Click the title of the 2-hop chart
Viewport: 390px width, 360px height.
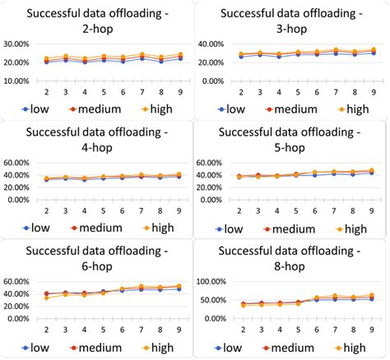pos(97,21)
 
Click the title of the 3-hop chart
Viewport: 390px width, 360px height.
pos(292,21)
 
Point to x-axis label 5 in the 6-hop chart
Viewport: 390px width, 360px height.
pos(103,330)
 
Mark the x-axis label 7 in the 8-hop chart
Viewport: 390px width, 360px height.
pos(334,330)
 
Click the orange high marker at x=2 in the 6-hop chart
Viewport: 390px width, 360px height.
pos(46,297)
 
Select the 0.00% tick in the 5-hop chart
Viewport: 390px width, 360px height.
pos(216,200)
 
